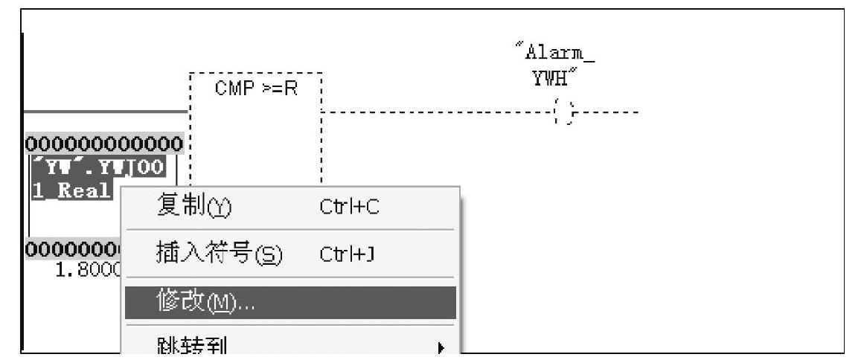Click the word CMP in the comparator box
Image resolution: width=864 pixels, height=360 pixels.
coord(229,89)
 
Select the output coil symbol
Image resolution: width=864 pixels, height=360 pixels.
coord(564,113)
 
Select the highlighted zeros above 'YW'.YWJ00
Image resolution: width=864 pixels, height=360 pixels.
coord(104,142)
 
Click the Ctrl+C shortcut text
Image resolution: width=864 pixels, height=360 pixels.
coord(348,205)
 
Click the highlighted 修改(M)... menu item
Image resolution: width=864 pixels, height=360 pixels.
coord(290,303)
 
